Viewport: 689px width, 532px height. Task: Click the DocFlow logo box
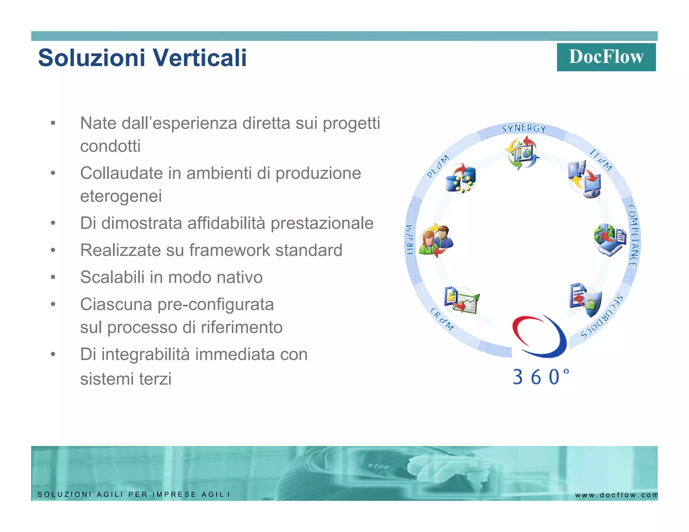[606, 57]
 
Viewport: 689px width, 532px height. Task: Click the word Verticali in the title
[201, 58]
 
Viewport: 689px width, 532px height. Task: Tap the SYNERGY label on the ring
[523, 128]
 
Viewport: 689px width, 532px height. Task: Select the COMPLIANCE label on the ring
[633, 236]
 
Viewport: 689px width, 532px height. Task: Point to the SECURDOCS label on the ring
[602, 317]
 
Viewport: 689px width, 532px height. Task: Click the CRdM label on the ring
[442, 319]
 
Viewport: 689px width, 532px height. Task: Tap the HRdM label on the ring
[409, 239]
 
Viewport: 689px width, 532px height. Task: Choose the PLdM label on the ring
[437, 166]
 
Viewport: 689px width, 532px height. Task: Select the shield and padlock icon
[586, 300]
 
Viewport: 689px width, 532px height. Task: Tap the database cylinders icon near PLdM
[461, 179]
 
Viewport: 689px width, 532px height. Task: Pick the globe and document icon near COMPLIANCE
[610, 239]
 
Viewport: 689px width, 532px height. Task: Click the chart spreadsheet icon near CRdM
[461, 300]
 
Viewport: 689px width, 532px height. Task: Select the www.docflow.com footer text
[616, 495]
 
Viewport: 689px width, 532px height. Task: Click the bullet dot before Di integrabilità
[53, 354]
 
